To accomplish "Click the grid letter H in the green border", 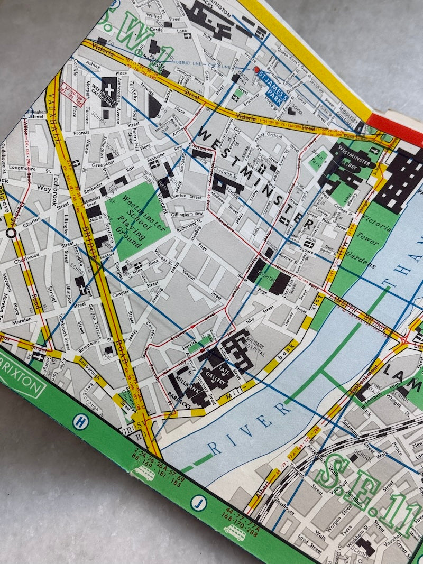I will [x=81, y=421].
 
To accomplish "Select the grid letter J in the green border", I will [x=198, y=503].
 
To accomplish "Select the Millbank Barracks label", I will [x=185, y=389].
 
